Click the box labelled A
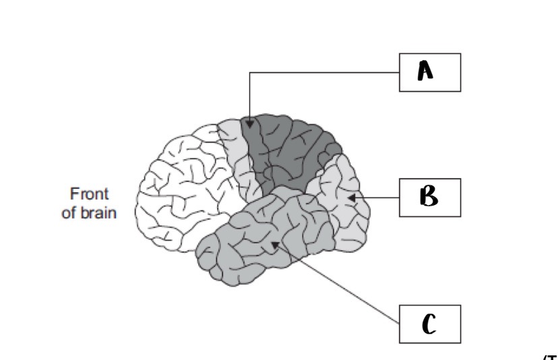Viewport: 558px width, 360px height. coord(430,72)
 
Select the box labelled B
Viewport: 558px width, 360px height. coord(430,197)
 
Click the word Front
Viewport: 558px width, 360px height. coord(89,193)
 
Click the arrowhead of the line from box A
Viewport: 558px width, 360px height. coord(250,123)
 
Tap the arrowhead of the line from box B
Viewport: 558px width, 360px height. coord(351,198)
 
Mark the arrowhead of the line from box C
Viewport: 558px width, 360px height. coord(274,244)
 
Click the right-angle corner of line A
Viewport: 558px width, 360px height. coord(250,73)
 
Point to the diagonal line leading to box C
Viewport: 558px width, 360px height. coord(337,284)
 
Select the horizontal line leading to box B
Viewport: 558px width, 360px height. coord(377,198)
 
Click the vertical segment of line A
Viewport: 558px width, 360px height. coord(250,98)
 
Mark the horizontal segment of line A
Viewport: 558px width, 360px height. coord(323,73)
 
